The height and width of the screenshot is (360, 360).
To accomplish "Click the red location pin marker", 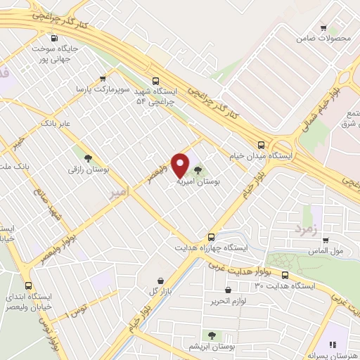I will click(x=180, y=165).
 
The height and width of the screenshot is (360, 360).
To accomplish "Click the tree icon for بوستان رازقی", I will click(x=87, y=158).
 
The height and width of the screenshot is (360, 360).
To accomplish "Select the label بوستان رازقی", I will click(x=87, y=171).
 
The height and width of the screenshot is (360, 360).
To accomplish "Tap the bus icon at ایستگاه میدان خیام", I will click(x=261, y=144).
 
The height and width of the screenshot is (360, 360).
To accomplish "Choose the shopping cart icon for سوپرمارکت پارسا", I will click(x=103, y=79).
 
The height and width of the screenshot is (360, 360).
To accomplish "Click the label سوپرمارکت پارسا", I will click(x=103, y=90).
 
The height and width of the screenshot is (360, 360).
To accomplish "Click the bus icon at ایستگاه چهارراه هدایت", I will click(x=212, y=236).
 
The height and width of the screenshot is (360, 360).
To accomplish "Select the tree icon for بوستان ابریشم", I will click(x=211, y=335).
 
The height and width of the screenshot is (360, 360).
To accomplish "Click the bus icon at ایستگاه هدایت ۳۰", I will click(x=285, y=275).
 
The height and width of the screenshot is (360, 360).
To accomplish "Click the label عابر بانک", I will click(x=57, y=123).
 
